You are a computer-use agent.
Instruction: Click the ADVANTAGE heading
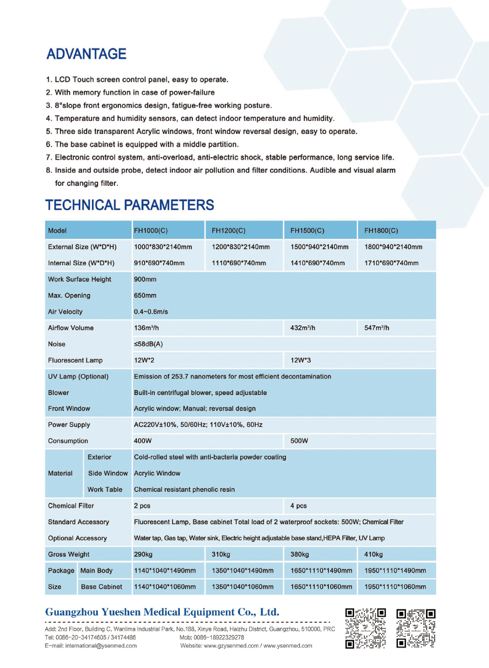click(x=86, y=54)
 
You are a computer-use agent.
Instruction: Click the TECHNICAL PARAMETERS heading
click(x=130, y=205)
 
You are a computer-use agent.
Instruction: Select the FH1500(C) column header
click(x=307, y=230)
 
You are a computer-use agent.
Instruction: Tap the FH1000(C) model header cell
click(x=151, y=230)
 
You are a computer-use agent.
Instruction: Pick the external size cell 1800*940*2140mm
click(x=393, y=247)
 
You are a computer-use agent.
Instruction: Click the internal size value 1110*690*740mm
click(x=239, y=263)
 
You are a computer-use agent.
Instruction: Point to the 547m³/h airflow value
click(x=377, y=328)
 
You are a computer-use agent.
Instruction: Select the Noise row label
click(x=57, y=344)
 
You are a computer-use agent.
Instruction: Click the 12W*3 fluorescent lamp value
click(x=300, y=360)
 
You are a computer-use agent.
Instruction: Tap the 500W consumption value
click(x=299, y=441)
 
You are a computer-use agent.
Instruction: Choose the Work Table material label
click(x=105, y=490)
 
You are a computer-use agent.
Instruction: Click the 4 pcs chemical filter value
click(x=298, y=506)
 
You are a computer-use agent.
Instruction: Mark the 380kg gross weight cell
click(x=300, y=555)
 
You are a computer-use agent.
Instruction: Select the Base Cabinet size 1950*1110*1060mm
click(x=395, y=587)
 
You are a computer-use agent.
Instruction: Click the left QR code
click(x=365, y=628)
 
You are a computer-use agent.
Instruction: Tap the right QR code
click(x=416, y=628)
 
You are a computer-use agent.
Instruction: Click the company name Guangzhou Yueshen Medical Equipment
click(x=162, y=612)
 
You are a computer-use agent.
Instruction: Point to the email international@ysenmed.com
click(x=101, y=646)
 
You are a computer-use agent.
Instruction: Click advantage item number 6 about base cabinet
click(x=142, y=144)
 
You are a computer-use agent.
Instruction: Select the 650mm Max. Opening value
click(x=145, y=295)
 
